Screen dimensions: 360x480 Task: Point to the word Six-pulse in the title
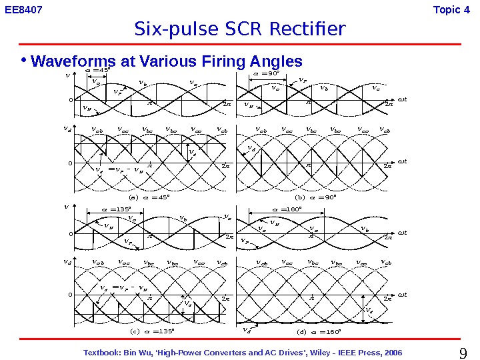tap(166, 30)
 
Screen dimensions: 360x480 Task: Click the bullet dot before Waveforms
tap(24, 61)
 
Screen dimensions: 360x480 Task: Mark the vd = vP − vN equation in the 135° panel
tap(123, 289)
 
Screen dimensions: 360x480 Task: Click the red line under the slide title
tap(240, 45)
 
